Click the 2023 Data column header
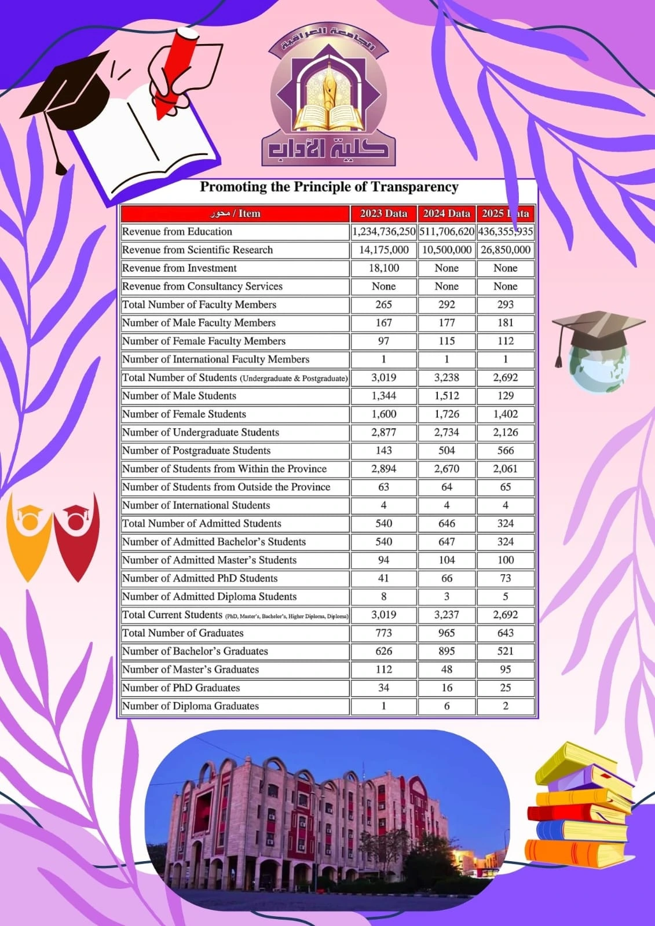click(x=383, y=214)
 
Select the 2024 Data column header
click(x=447, y=214)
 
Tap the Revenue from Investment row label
click(x=180, y=268)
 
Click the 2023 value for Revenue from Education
click(x=383, y=231)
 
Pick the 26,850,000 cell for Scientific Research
click(x=505, y=250)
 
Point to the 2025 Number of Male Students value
click(x=505, y=396)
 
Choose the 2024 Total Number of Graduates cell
click(x=447, y=633)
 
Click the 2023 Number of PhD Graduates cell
click(x=383, y=688)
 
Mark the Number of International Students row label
click(x=196, y=505)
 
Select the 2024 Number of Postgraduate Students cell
click(x=447, y=451)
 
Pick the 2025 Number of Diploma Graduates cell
click(x=505, y=706)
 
